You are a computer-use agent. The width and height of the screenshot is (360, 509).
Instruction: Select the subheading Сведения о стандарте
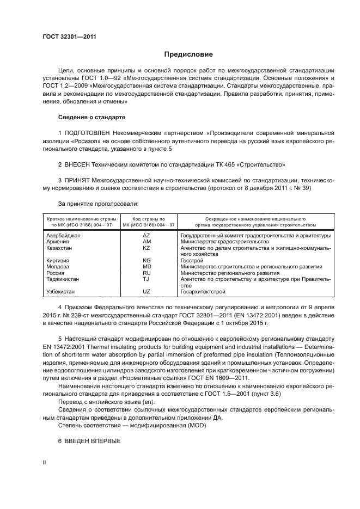(x=91, y=117)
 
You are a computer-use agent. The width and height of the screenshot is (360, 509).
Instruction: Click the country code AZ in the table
(x=146, y=236)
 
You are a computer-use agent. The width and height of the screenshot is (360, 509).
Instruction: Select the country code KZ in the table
(x=146, y=248)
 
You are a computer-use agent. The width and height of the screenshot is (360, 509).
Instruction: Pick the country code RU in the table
(x=146, y=273)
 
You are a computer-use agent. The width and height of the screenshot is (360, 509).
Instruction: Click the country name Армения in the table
(x=58, y=242)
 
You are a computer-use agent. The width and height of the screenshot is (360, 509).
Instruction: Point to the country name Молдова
(x=58, y=267)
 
